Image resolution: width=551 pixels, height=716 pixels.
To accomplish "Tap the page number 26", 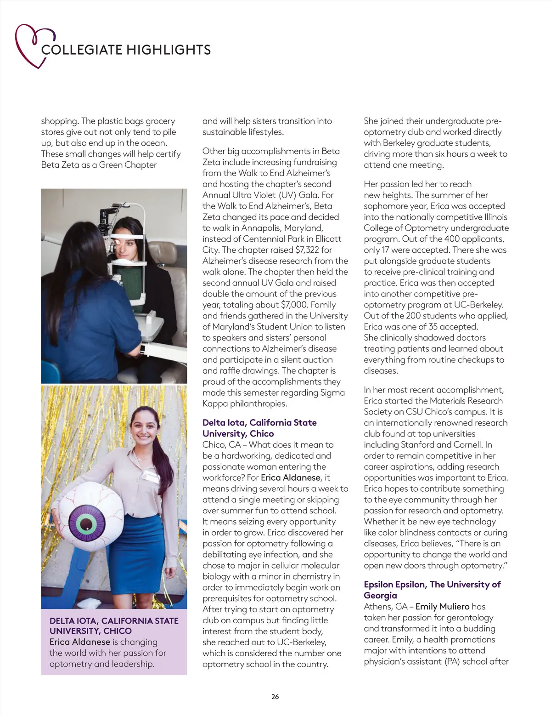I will [x=275, y=696].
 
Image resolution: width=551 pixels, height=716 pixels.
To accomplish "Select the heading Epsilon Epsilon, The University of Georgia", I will [x=432, y=590].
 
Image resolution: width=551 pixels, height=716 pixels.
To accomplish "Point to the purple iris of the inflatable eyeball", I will [x=87, y=523].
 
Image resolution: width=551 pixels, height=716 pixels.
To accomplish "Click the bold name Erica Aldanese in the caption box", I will [x=79, y=642].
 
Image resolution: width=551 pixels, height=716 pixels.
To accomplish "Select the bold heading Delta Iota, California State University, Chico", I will [x=259, y=428].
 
